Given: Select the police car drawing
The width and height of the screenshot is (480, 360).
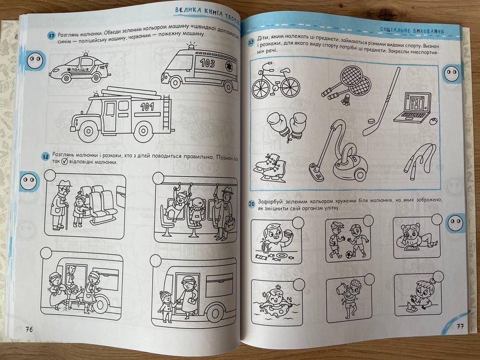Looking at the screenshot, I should [x=80, y=68].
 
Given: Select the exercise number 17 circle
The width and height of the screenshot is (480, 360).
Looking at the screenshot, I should [x=51, y=35].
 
